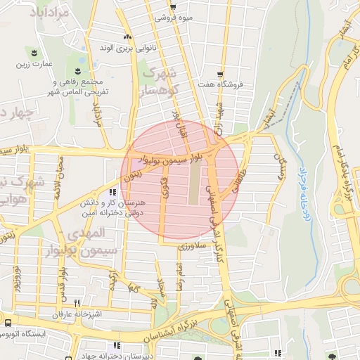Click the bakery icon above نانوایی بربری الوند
[x=127, y=37]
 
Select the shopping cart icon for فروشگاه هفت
[x=220, y=74]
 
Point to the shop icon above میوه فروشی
[x=173, y=6]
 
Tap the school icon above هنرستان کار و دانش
[x=112, y=191]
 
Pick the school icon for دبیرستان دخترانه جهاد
[x=116, y=345]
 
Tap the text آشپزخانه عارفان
[x=60, y=313]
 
